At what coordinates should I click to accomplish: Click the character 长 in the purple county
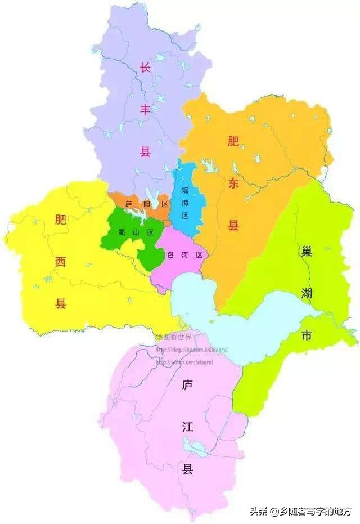145,68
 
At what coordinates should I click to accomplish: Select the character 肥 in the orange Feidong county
233,142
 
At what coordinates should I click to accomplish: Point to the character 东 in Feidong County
233,183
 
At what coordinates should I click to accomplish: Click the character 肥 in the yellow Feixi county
61,220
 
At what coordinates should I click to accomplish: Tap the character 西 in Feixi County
61,262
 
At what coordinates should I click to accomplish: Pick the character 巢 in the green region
306,251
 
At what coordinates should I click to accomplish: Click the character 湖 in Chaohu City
306,293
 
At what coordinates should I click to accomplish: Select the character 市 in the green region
306,335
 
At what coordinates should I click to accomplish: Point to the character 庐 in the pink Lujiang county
187,385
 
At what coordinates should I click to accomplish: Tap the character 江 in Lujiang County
187,427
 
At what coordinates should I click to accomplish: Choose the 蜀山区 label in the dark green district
135,232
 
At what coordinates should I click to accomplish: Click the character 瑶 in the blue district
184,190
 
